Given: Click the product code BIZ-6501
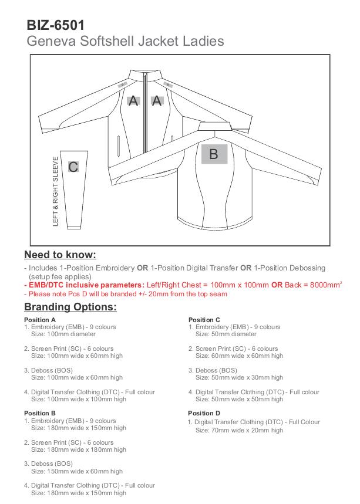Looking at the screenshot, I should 56,25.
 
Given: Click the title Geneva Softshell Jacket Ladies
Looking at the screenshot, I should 125,41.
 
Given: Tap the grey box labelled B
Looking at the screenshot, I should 214,154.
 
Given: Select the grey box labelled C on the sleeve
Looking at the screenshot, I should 73,167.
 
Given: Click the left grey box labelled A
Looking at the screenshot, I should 134,100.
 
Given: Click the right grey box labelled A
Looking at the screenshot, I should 157,100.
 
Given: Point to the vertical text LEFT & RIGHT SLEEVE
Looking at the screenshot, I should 56,191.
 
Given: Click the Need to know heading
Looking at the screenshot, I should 60,255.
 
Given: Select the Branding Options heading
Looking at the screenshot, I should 70,307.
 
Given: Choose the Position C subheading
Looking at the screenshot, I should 204,320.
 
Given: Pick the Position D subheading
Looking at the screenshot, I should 204,413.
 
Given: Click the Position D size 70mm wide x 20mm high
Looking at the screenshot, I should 239,430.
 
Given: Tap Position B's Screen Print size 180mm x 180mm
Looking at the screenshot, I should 79,449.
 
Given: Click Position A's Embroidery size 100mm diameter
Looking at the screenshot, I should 62,334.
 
